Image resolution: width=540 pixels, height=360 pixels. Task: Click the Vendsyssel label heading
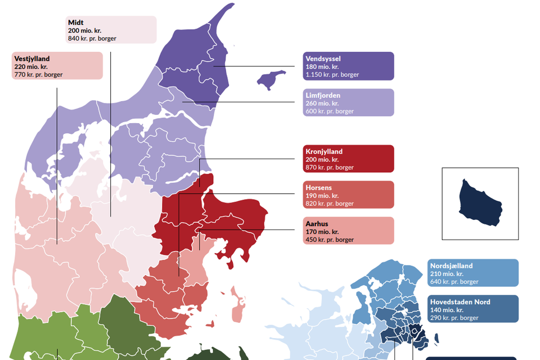tap(323, 58)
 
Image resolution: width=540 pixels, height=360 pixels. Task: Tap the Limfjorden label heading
tap(323, 96)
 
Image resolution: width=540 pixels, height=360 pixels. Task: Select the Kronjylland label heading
tap(324, 151)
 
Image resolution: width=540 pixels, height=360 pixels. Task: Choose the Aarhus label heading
tap(317, 224)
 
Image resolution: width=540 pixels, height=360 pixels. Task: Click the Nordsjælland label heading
tap(451, 265)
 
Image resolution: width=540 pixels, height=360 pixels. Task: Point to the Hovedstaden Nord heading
tap(460, 302)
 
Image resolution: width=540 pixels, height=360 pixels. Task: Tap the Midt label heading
tap(76, 22)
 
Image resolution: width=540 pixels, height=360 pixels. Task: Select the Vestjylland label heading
tap(32, 58)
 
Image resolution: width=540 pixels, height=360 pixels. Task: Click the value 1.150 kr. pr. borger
tap(332, 74)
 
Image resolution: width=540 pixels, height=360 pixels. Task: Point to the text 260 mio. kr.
tap(322, 103)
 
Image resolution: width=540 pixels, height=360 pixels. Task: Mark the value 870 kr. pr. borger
tap(330, 168)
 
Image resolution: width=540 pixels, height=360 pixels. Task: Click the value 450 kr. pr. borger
tap(330, 240)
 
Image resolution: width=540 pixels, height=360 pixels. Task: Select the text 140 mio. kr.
tap(447, 310)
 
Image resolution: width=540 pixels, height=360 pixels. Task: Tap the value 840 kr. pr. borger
tap(92, 38)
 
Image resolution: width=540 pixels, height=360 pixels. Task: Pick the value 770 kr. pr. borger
tap(38, 74)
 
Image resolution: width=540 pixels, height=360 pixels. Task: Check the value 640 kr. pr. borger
tap(454, 282)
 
